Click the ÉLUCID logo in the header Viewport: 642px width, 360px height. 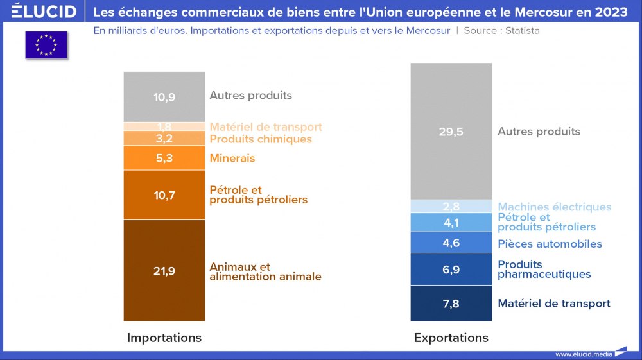[44, 12]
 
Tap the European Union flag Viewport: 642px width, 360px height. [46, 45]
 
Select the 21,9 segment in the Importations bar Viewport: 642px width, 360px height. [164, 270]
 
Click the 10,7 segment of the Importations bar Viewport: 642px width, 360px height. [164, 195]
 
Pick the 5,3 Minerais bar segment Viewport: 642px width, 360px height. [164, 158]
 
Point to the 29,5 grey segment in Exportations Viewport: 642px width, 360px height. [451, 132]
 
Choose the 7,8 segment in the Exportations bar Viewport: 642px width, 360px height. [451, 304]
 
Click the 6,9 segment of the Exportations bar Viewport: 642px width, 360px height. [451, 270]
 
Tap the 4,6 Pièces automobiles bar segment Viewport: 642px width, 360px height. [451, 243]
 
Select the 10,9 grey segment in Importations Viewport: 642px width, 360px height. [164, 97]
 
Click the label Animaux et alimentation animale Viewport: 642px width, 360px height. [265, 272]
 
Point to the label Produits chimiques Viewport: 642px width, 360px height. [261, 139]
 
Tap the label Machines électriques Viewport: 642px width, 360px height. [555, 207]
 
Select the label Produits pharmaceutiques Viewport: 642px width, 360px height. [544, 270]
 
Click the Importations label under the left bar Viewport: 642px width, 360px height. [164, 338]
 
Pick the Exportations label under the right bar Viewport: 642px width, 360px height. [451, 338]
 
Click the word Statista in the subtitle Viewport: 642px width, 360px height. [520, 31]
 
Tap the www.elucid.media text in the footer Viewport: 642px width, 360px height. [583, 354]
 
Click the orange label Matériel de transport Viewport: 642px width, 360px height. [266, 127]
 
